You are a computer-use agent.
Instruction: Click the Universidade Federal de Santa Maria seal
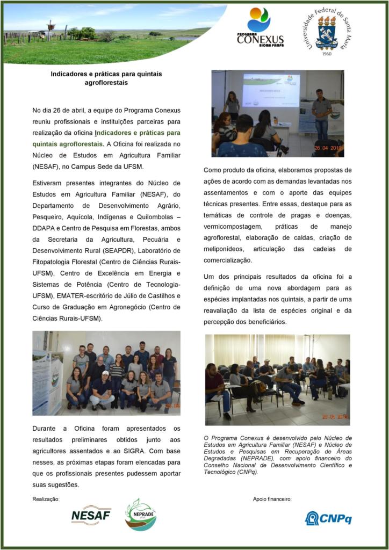[326, 29]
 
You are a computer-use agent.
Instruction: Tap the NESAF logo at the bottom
[91, 515]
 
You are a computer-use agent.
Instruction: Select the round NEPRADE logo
[140, 515]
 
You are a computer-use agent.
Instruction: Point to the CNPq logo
[328, 518]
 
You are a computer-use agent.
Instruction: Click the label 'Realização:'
[46, 498]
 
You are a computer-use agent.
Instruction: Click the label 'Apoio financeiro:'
[272, 498]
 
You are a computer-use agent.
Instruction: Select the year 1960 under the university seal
[327, 54]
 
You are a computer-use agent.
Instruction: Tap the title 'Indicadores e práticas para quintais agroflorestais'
[106, 78]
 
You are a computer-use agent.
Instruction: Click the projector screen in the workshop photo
[270, 90]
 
